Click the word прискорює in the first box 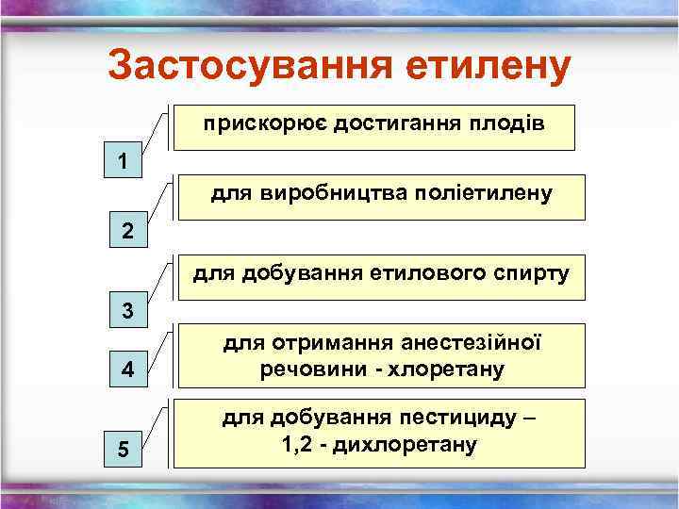[247, 124]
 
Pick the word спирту [536, 275]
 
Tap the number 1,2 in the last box [297, 444]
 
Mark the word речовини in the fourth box [304, 369]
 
